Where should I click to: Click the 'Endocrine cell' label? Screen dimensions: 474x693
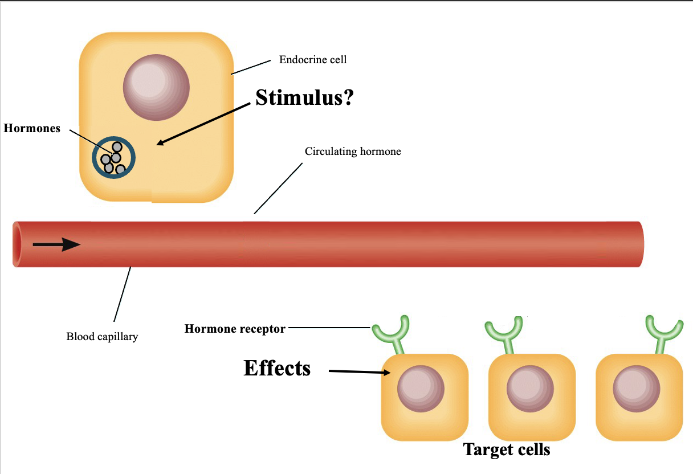click(312, 60)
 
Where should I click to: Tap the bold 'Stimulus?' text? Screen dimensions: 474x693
click(304, 97)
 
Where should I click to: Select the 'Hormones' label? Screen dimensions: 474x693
click(32, 129)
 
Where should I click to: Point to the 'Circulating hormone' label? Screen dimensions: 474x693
click(353, 152)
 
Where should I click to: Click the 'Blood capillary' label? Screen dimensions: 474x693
click(102, 337)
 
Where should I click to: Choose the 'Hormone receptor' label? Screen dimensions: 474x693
click(235, 329)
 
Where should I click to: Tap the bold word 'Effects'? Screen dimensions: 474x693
click(277, 368)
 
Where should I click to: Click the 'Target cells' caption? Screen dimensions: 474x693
click(507, 450)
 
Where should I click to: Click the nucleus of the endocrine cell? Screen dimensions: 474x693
click(156, 87)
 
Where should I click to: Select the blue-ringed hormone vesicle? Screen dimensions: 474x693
click(114, 158)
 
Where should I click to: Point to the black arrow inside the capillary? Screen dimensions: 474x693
click(56, 245)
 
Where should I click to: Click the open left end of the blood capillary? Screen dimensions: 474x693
click(17, 244)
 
